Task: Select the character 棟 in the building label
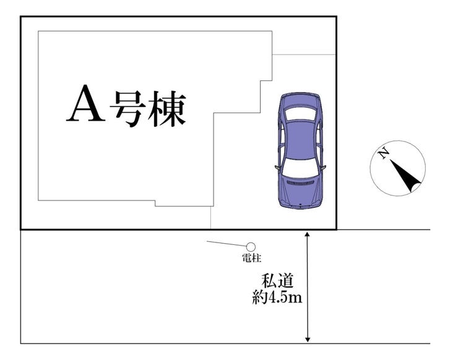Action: pos(166,108)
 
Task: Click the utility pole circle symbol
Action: pos(251,247)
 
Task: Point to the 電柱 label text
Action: pos(251,258)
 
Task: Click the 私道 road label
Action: pos(277,281)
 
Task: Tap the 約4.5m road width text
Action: pos(277,298)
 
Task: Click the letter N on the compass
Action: pos(383,153)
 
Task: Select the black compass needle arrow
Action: pos(405,176)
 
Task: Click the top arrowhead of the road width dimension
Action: pos(307,234)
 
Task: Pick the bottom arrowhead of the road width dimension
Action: pos(307,340)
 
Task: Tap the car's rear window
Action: pos(301,114)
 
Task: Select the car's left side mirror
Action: pos(277,168)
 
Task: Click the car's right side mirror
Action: pos(323,168)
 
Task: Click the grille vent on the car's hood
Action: pos(301,183)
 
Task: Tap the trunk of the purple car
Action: pos(301,100)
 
